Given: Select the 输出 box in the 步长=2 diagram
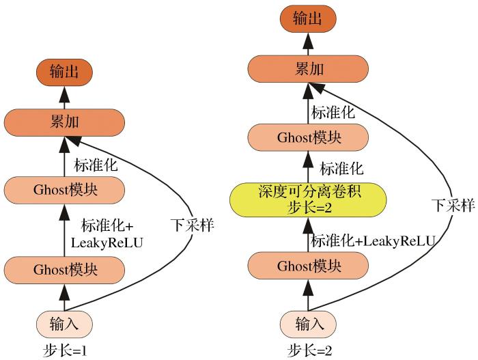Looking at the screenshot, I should tap(307, 19).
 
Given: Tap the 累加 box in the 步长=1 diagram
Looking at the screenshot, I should tap(65, 122).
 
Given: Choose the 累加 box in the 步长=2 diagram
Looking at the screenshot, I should tap(307, 68).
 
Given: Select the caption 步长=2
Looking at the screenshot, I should tap(308, 351).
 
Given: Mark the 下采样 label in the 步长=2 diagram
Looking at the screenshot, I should tap(453, 204).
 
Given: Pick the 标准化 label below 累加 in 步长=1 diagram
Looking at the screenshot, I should tap(95, 164).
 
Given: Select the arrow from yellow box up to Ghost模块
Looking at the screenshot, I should tap(307, 167).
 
